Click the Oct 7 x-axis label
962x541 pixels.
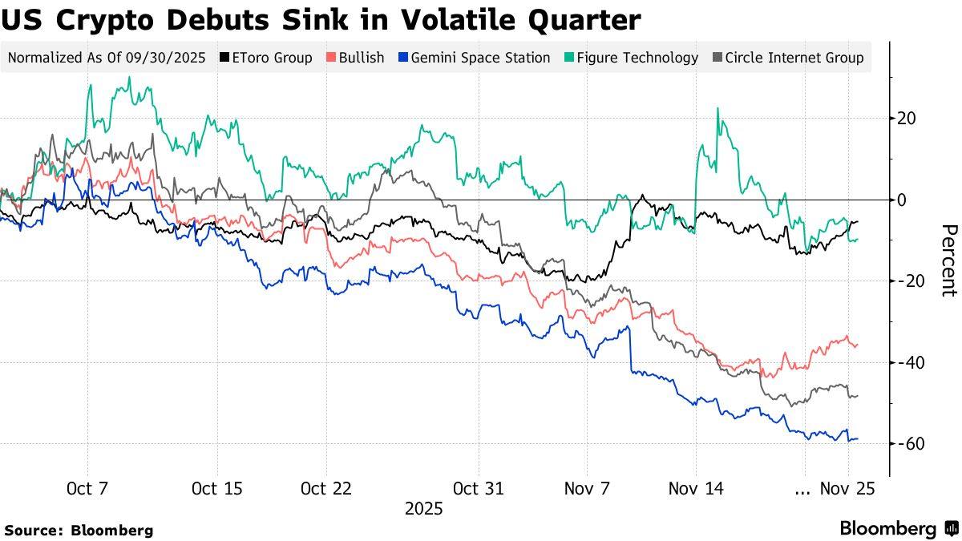pos(87,488)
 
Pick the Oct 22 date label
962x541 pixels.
pos(325,488)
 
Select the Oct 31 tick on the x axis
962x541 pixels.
pos(478,488)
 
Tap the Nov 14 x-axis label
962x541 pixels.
pos(695,488)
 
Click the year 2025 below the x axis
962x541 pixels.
pos(423,509)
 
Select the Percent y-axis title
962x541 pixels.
pos(948,260)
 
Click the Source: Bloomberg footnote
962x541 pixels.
pos(79,530)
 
